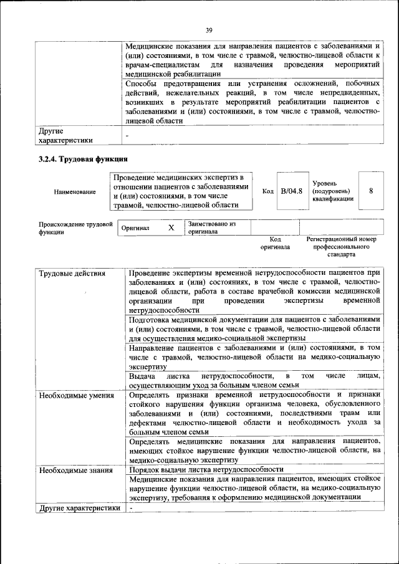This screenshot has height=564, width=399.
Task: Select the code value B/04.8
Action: click(x=291, y=191)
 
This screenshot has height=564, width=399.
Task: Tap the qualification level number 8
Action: click(x=372, y=191)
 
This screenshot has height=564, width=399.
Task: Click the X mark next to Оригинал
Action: click(x=171, y=228)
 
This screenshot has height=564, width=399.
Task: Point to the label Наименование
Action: click(x=75, y=192)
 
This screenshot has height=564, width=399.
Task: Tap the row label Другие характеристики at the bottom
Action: click(x=79, y=507)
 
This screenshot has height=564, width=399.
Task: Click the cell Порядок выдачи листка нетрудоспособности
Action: click(x=206, y=469)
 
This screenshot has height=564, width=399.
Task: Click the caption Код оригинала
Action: click(x=275, y=243)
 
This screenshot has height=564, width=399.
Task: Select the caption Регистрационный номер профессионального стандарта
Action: click(x=341, y=247)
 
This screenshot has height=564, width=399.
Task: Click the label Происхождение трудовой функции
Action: click(x=75, y=227)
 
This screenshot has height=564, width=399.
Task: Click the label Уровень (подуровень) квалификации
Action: click(x=333, y=191)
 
